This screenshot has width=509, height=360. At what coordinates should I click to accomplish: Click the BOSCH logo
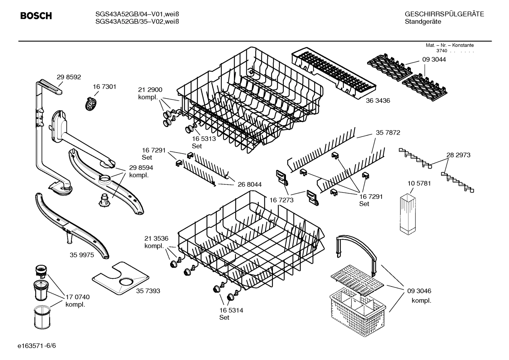point(36,16)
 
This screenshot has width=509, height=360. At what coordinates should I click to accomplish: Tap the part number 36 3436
point(378,101)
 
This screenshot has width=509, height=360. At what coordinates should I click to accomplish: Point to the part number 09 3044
point(434,60)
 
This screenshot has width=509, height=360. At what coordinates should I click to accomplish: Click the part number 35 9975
point(82,255)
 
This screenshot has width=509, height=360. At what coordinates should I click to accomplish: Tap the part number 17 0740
point(78,297)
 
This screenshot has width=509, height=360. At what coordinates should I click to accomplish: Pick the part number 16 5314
point(231,310)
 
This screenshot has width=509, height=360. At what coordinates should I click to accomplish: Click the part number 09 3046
point(419,291)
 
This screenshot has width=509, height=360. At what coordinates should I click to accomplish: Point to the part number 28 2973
point(458,155)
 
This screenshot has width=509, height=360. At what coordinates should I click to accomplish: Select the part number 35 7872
point(388,133)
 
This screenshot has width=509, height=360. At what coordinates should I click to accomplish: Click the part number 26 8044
point(250,184)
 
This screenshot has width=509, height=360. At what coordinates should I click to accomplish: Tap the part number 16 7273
point(281,200)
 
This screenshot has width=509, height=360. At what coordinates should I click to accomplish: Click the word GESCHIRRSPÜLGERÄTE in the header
point(444,14)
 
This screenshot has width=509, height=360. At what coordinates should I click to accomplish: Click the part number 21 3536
point(156,238)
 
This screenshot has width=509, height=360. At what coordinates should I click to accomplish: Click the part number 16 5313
point(204,139)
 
